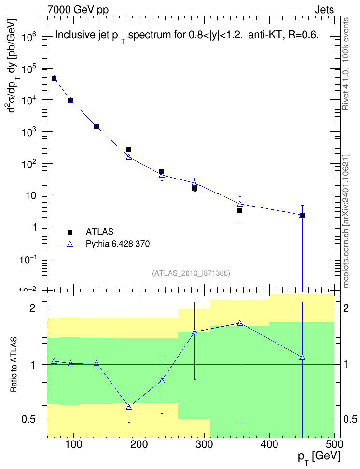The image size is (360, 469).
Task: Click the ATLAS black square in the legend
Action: tap(70, 232)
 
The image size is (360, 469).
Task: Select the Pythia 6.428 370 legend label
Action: tap(118, 244)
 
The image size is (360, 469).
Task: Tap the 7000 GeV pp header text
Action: tap(78, 10)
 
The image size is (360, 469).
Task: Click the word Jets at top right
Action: tap(324, 10)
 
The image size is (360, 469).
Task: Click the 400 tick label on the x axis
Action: tap(270, 444)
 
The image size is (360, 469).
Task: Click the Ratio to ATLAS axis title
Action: tap(14, 365)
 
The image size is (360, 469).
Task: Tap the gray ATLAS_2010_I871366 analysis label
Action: tap(191, 273)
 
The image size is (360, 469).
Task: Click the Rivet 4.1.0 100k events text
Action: tap(346, 64)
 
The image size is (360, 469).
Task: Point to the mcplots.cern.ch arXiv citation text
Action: tap(346, 221)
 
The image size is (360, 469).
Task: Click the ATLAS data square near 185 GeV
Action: tap(129, 150)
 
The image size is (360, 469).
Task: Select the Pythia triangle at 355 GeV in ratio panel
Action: tap(240, 323)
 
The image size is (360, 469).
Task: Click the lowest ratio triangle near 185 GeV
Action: tap(129, 407)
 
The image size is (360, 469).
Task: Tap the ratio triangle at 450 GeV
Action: tap(302, 357)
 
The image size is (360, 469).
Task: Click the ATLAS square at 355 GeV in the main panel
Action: tap(240, 211)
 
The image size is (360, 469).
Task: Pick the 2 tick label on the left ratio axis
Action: tap(32, 308)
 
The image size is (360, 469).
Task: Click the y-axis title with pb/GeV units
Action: tap(12, 66)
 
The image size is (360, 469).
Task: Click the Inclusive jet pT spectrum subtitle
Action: tap(187, 36)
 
